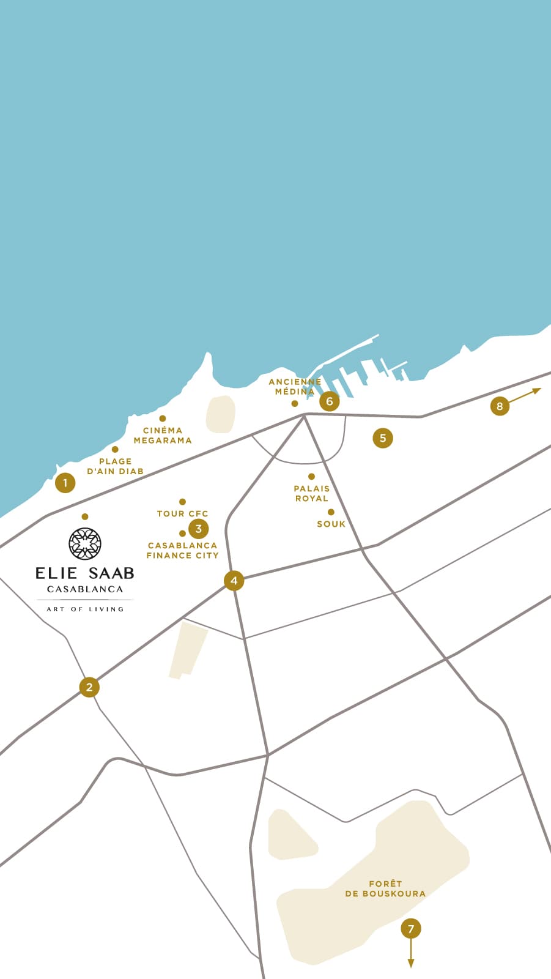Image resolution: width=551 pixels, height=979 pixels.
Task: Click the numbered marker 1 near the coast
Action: [65, 483]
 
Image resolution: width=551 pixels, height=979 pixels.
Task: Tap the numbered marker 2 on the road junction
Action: [89, 687]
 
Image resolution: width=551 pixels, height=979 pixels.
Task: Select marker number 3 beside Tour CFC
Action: [198, 529]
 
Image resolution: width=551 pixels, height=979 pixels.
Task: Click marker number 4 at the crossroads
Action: [234, 580]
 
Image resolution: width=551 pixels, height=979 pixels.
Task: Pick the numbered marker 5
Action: [383, 437]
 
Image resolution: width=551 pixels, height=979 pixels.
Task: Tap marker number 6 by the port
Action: [329, 401]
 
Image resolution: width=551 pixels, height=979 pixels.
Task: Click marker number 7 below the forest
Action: [411, 929]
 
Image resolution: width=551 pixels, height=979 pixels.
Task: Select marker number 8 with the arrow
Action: [500, 406]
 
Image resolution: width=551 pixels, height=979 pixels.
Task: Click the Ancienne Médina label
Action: [295, 386]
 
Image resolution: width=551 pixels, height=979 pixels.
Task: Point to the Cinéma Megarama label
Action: [163, 435]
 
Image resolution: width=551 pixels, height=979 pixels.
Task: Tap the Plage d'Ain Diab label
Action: [115, 466]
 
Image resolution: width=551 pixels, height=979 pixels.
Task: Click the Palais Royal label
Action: [312, 493]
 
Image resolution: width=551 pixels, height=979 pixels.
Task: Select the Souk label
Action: [331, 524]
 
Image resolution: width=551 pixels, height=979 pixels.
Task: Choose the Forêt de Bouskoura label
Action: [385, 888]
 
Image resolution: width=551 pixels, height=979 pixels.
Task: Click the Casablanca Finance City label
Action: [182, 550]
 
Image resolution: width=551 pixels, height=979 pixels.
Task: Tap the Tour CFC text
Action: [182, 513]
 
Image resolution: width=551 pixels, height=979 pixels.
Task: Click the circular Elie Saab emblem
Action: [85, 543]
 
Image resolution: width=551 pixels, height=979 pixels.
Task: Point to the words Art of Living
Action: [85, 609]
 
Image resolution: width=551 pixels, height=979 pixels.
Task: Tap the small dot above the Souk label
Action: [331, 512]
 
